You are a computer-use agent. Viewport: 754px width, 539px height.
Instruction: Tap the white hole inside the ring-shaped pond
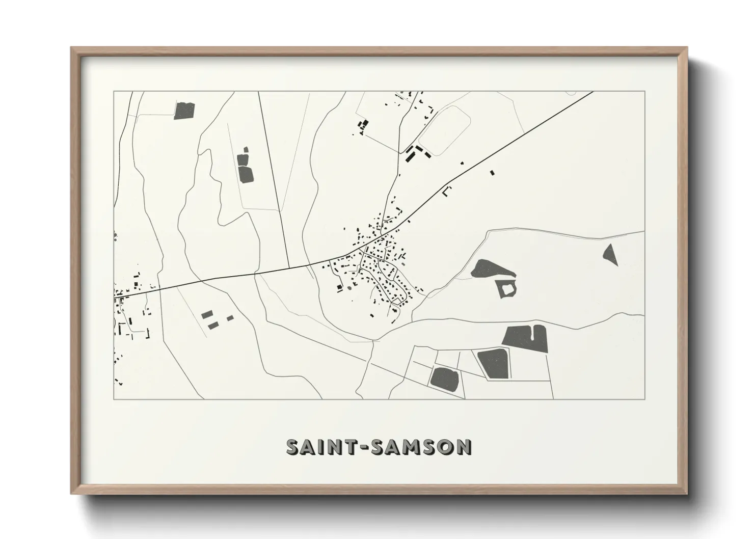click(x=507, y=289)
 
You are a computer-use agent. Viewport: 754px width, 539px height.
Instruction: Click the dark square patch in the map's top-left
click(x=184, y=111)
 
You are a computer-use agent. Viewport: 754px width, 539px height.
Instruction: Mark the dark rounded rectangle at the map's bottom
click(x=445, y=378)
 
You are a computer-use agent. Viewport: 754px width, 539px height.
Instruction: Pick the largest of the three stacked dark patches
click(x=246, y=174)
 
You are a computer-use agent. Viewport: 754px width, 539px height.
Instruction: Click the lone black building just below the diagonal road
click(x=492, y=173)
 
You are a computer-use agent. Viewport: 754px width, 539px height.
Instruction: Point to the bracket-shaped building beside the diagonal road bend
click(x=447, y=191)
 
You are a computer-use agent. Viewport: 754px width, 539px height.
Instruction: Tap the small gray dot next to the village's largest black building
click(x=349, y=287)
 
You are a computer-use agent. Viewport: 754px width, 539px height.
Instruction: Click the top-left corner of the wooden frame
click(x=72, y=48)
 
